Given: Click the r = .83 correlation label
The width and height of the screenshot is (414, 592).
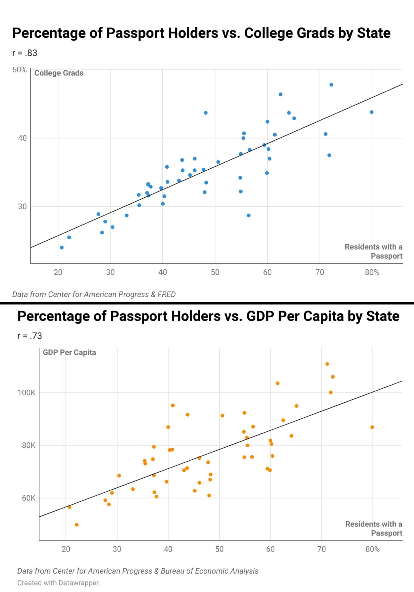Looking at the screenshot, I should click(25, 53).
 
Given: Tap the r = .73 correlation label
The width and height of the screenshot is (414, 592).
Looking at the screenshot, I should click(30, 336).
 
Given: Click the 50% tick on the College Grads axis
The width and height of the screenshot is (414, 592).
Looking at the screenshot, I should click(19, 70).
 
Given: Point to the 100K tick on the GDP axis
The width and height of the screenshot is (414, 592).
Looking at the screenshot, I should click(27, 392).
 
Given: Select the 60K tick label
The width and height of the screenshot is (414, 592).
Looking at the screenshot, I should click(29, 498).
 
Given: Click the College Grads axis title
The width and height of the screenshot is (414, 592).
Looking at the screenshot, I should click(59, 73).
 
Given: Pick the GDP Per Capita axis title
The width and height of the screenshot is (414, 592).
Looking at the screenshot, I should click(69, 352).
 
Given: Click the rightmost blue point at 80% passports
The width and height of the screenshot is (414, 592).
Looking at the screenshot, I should click(372, 112).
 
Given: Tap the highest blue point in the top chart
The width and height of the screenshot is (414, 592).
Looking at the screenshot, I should click(331, 85).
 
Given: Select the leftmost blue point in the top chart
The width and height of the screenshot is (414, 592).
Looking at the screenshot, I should click(62, 248).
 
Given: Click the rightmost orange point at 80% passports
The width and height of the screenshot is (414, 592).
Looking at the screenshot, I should click(372, 427).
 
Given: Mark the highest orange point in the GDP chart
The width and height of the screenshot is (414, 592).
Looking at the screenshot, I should click(327, 364).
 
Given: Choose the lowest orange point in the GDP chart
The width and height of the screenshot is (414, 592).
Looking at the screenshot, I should click(77, 525).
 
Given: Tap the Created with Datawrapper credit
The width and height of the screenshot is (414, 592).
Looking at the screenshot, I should click(58, 583).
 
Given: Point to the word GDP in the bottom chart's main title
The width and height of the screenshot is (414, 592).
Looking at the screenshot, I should click(260, 316).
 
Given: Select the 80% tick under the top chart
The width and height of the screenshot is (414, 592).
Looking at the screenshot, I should click(372, 272).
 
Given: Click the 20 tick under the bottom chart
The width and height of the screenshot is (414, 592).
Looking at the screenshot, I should click(66, 549).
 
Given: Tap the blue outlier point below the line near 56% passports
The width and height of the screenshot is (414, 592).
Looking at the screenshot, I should click(249, 215).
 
